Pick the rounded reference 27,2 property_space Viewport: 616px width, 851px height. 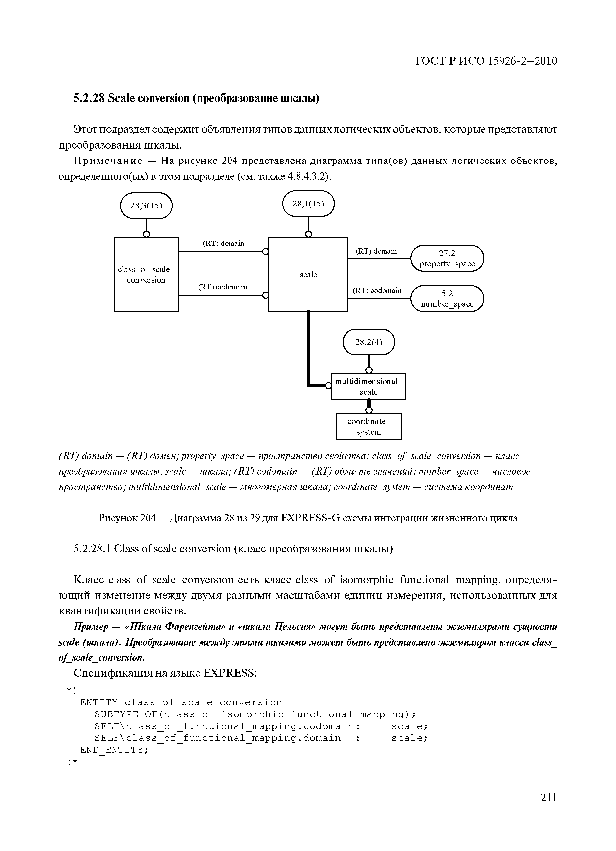pos(447,258)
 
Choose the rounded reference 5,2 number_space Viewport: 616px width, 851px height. pos(447,299)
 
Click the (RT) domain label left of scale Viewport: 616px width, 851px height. pos(223,243)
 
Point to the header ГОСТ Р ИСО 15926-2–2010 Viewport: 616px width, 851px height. pos(486,61)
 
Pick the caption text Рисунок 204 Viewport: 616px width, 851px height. pos(127,518)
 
